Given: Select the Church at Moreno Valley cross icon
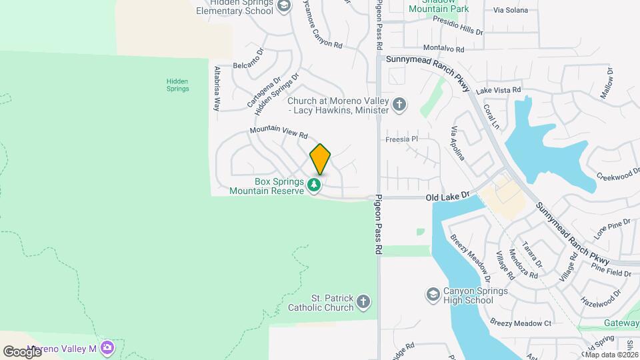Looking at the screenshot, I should (x=399, y=105).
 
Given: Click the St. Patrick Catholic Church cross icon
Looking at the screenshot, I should (x=363, y=302).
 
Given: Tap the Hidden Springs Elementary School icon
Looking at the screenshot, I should (x=283, y=6).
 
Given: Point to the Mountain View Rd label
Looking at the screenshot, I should (x=278, y=133).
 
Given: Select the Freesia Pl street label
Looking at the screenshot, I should (x=401, y=139).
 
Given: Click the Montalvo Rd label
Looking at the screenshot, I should (x=443, y=48).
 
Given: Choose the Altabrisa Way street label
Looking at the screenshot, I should (x=217, y=88).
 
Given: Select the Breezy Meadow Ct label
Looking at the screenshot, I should (x=521, y=323).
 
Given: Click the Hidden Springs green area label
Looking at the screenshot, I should (x=178, y=85).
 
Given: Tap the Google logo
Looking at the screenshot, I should (x=22, y=351).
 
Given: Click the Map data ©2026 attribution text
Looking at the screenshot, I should (x=611, y=354).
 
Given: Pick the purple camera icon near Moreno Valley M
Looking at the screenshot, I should (x=108, y=349).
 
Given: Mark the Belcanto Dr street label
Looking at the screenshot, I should (x=249, y=66).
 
